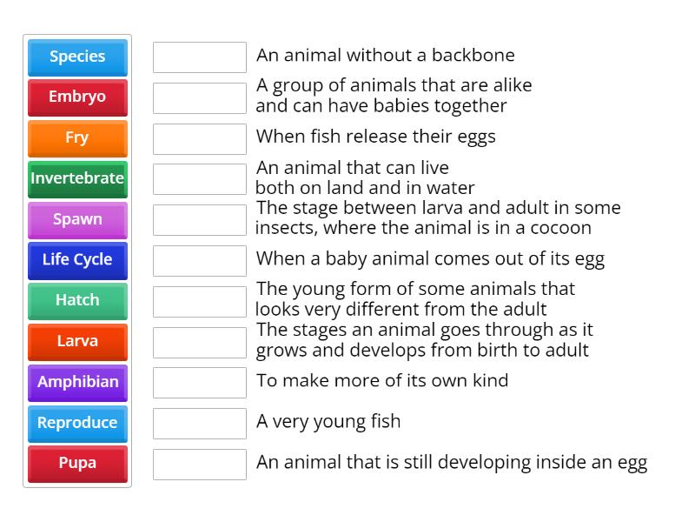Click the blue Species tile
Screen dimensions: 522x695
point(77,57)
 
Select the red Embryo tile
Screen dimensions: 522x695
point(77,97)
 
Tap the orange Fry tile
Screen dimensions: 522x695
point(77,138)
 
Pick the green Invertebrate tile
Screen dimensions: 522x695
point(77,178)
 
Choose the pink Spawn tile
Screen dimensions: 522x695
point(77,219)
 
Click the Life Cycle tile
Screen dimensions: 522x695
point(77,259)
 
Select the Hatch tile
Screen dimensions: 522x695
point(77,300)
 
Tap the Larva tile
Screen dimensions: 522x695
point(77,341)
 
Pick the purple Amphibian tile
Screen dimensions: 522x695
point(77,382)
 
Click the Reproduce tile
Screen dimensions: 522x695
point(77,423)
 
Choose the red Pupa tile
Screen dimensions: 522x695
point(77,463)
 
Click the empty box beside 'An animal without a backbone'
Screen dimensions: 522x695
point(200,57)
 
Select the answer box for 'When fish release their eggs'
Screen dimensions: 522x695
point(200,138)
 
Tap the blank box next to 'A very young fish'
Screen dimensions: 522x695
point(200,423)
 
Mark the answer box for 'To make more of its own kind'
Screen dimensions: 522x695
point(200,382)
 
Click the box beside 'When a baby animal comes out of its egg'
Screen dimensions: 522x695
point(200,260)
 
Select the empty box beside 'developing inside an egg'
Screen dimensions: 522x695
point(200,464)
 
